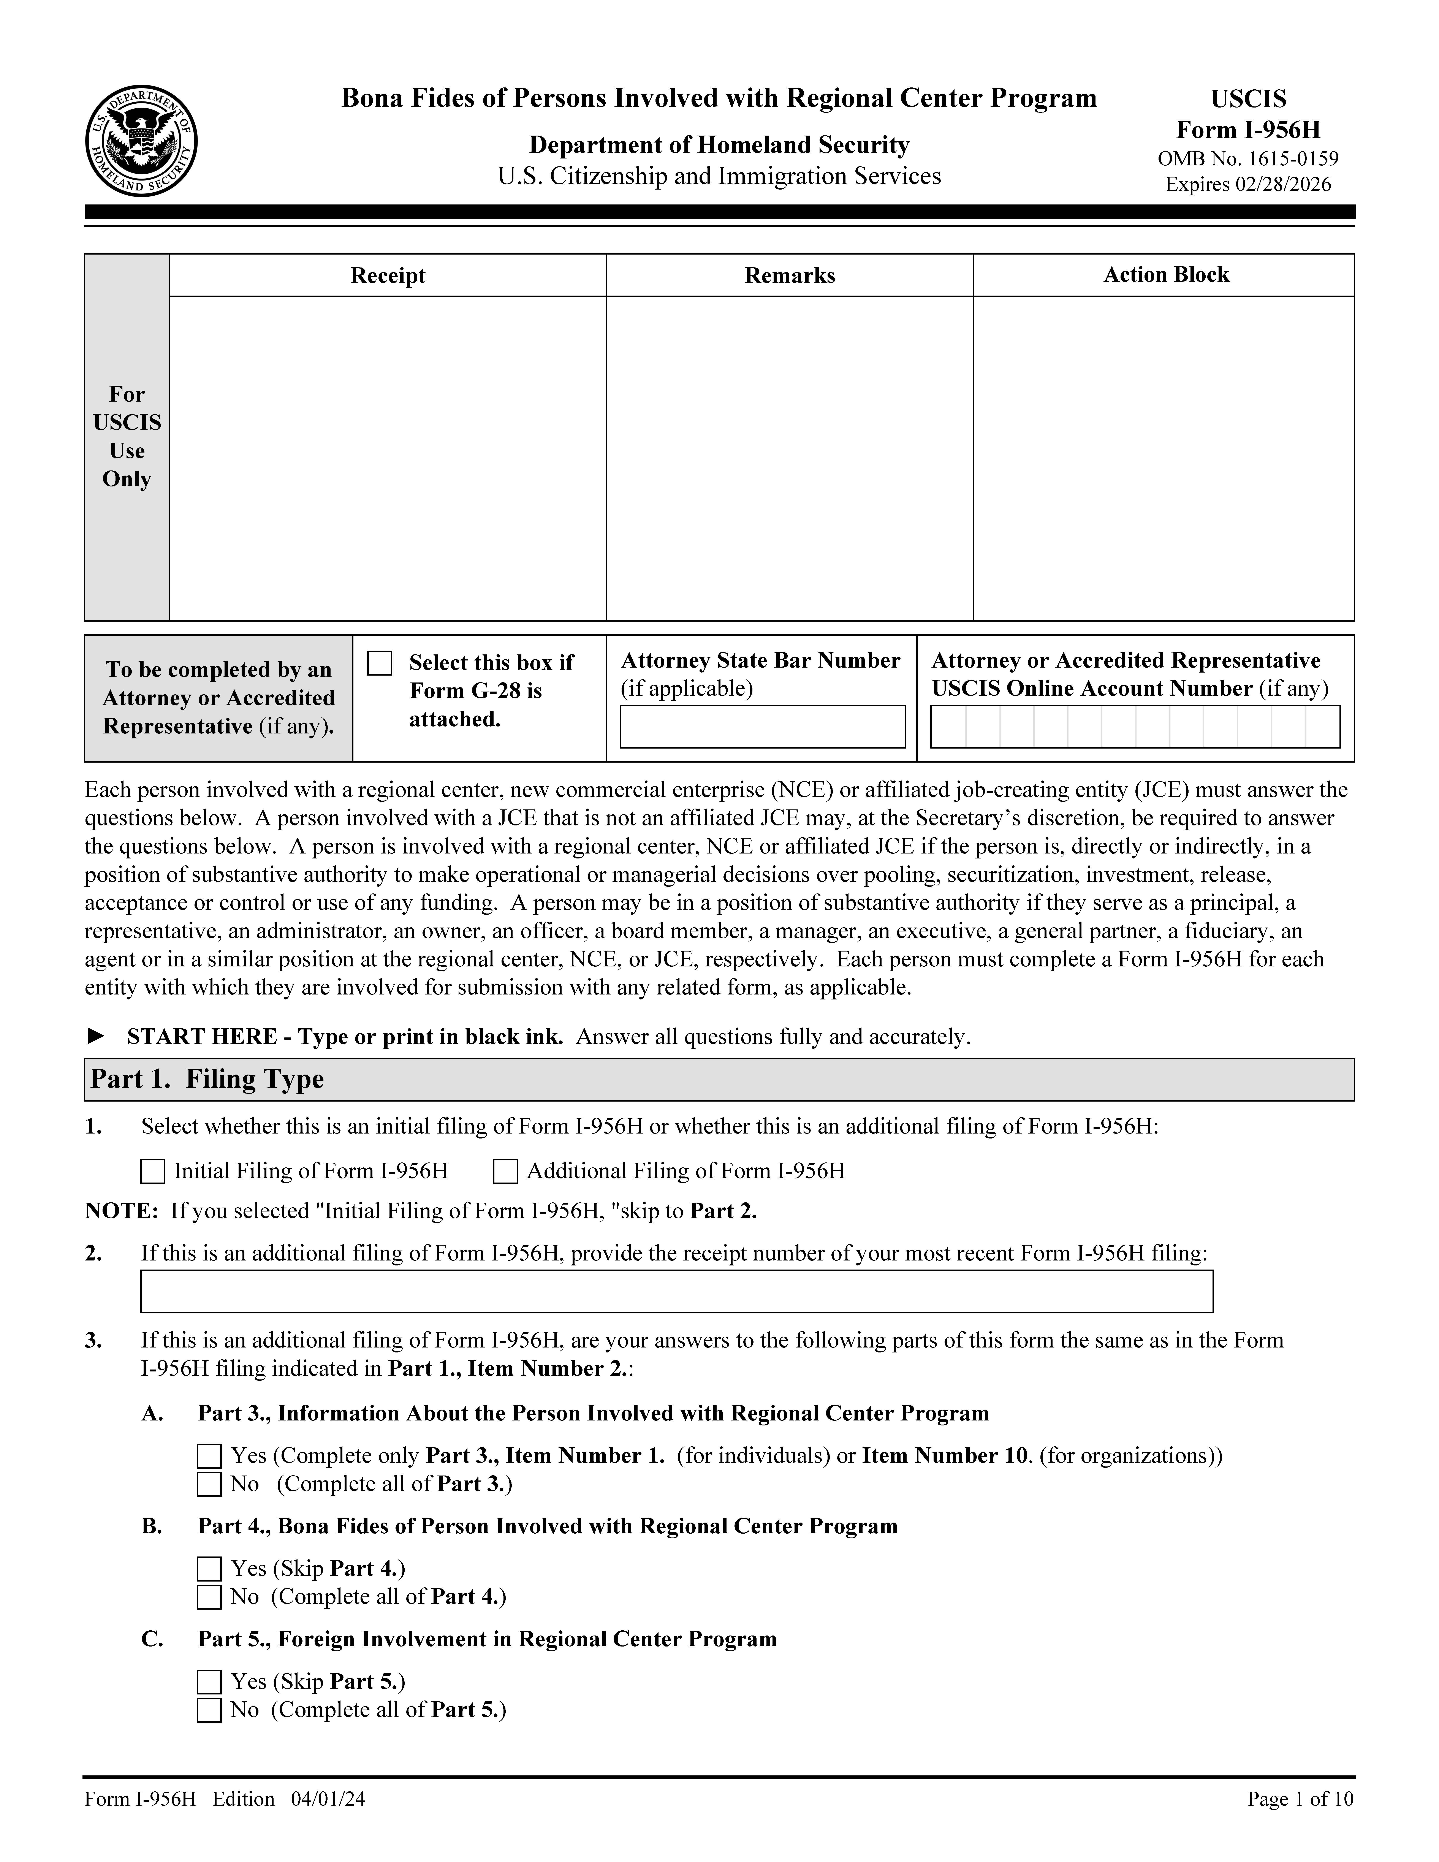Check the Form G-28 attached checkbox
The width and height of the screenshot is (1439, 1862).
[x=379, y=663]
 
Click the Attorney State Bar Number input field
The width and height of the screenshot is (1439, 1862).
[x=762, y=726]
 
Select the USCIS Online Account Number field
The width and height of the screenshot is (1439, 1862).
[x=1135, y=726]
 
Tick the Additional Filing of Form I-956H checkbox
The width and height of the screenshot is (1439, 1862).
[x=505, y=1172]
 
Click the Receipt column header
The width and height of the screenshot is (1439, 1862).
[x=388, y=275]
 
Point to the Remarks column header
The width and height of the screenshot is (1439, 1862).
[x=789, y=275]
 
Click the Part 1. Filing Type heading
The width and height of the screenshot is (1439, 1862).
[x=207, y=1079]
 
